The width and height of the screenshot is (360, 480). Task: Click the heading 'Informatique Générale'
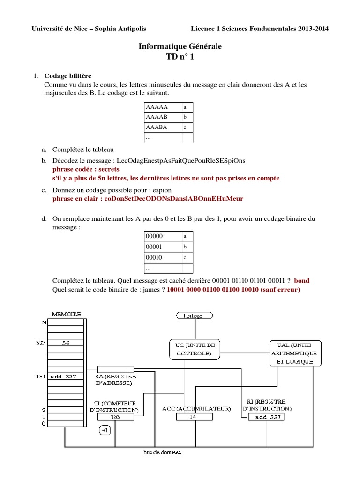[180, 47]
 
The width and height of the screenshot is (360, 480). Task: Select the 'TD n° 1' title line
[180, 57]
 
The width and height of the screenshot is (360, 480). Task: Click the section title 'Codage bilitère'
[67, 76]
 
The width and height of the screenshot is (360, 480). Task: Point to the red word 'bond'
[301, 281]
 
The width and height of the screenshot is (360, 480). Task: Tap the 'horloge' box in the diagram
[193, 315]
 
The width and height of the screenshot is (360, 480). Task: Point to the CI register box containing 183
[115, 417]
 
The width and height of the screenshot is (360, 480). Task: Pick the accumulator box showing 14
[193, 417]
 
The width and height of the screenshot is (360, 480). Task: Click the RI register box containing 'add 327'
[266, 417]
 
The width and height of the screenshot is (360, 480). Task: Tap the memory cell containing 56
[66, 343]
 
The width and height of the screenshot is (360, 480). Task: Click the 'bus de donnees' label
[162, 452]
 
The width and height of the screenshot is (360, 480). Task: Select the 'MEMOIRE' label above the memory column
[66, 314]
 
